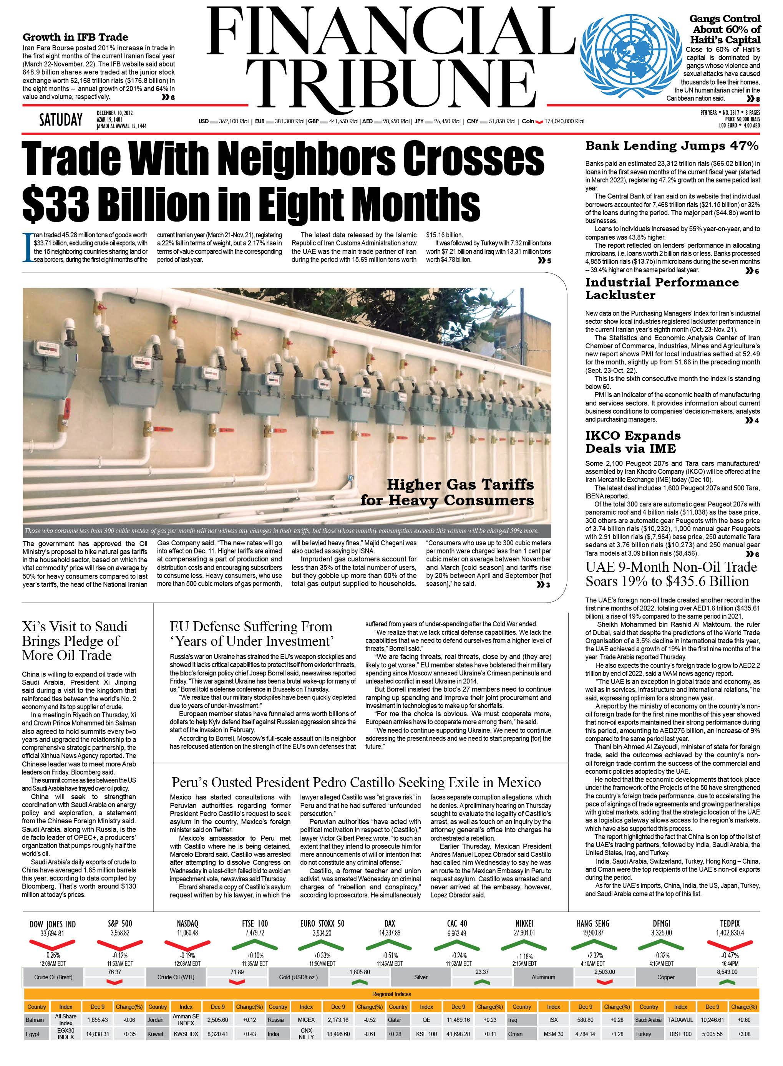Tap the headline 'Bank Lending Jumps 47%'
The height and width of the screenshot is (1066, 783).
coord(672,146)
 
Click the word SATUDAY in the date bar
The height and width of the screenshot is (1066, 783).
coord(61,120)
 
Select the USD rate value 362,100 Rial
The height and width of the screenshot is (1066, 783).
coord(234,121)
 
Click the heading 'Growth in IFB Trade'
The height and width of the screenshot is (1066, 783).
coord(75,37)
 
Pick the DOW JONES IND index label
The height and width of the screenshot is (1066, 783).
coord(53,924)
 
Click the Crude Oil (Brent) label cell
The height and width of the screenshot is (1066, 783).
coord(53,977)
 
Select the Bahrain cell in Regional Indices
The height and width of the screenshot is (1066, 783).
coord(35,1020)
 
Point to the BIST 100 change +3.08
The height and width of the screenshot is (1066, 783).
coord(744,1034)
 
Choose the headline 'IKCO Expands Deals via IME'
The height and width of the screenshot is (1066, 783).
coord(632,442)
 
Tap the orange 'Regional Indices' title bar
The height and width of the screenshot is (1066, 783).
coord(391,994)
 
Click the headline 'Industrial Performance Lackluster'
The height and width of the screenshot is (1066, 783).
coord(662,288)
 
